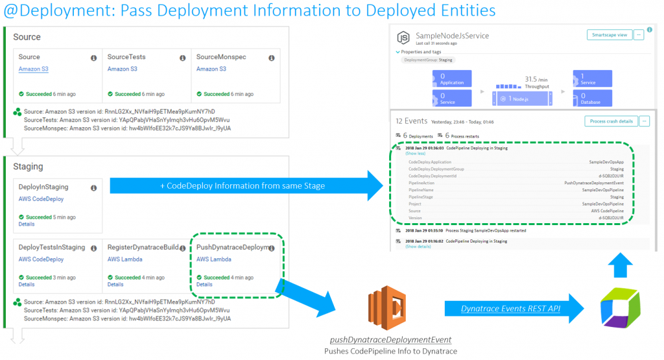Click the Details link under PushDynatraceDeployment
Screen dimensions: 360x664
[204, 284]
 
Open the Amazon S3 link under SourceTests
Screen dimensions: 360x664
[123, 69]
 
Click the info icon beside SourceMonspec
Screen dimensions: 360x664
[271, 58]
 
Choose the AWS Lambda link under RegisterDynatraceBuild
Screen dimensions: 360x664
[124, 259]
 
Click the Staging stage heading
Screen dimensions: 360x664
[28, 167]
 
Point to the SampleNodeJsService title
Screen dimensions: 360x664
[453, 36]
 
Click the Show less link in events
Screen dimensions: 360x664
[416, 154]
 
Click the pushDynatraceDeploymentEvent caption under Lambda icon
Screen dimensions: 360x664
[390, 340]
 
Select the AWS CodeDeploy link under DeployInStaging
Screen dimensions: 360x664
[41, 199]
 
